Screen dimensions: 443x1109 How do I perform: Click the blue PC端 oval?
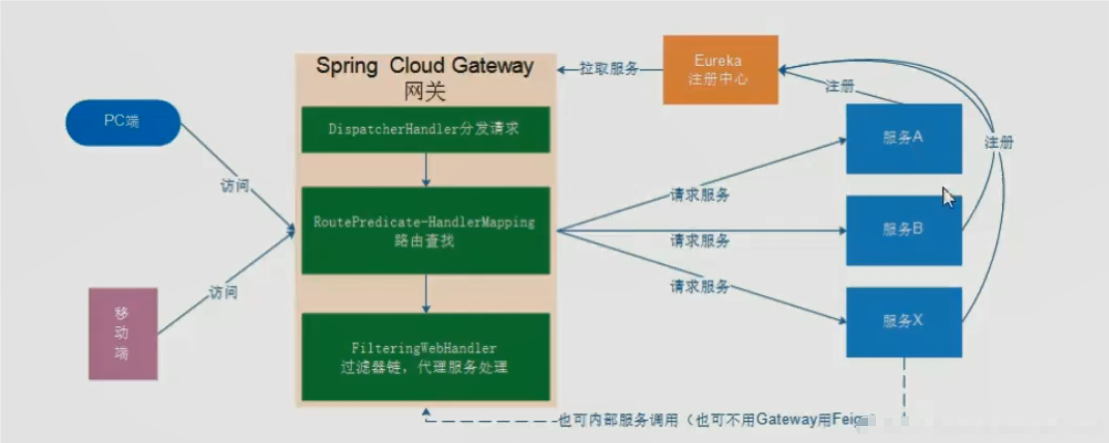[123, 123]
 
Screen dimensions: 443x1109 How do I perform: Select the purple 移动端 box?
[123, 334]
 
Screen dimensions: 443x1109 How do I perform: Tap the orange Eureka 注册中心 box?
[720, 69]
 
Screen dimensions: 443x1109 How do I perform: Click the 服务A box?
[903, 138]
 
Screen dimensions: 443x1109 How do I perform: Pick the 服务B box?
[903, 230]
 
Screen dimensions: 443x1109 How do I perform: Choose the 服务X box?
[903, 322]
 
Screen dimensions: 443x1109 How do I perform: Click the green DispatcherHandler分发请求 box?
[425, 130]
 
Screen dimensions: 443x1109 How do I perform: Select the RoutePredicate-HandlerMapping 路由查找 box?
[425, 230]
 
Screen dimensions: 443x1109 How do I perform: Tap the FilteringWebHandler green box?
[425, 357]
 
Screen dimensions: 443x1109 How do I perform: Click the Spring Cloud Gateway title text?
[425, 66]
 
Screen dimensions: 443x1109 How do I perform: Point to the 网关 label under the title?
[425, 91]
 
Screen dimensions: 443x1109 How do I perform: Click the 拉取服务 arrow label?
[609, 69]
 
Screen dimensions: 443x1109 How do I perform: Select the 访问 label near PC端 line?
[234, 186]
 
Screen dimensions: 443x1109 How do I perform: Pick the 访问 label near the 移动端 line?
[224, 292]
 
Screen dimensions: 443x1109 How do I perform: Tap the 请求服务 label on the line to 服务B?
[700, 241]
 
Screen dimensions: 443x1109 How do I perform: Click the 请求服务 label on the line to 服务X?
[700, 286]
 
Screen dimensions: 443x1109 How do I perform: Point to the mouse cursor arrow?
[948, 197]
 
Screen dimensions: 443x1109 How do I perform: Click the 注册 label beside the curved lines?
[999, 143]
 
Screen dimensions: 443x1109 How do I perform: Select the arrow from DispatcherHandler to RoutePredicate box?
[426, 170]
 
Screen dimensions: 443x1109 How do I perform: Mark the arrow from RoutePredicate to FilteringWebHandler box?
[426, 294]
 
